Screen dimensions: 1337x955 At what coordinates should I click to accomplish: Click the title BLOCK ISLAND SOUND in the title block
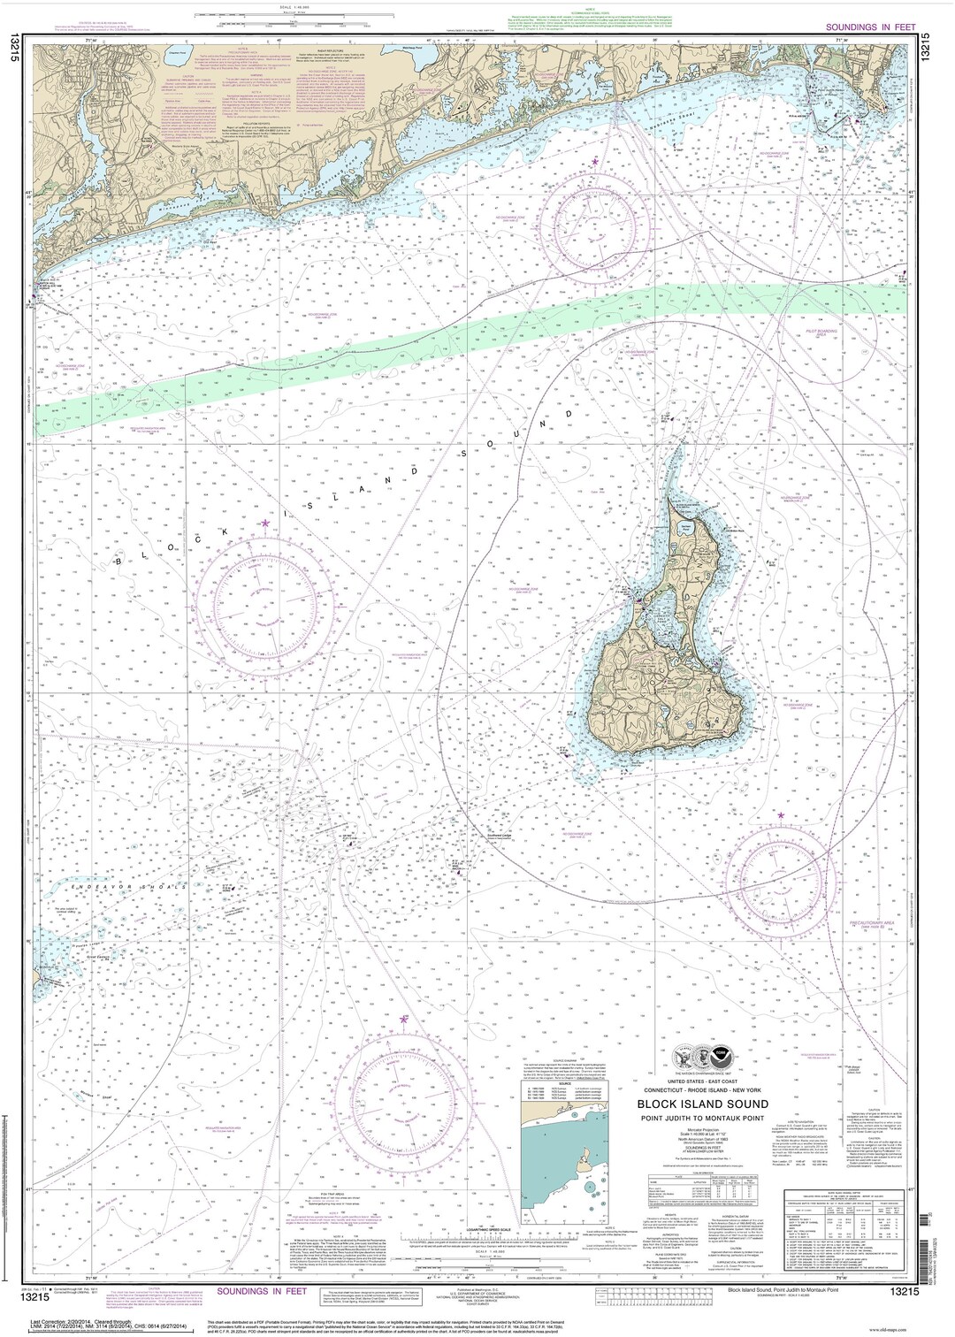pyautogui.click(x=703, y=1103)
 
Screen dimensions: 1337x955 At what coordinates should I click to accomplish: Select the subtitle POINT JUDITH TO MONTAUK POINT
pyautogui.click(x=703, y=1116)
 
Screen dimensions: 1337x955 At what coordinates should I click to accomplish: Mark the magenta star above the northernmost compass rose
pyautogui.click(x=595, y=163)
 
